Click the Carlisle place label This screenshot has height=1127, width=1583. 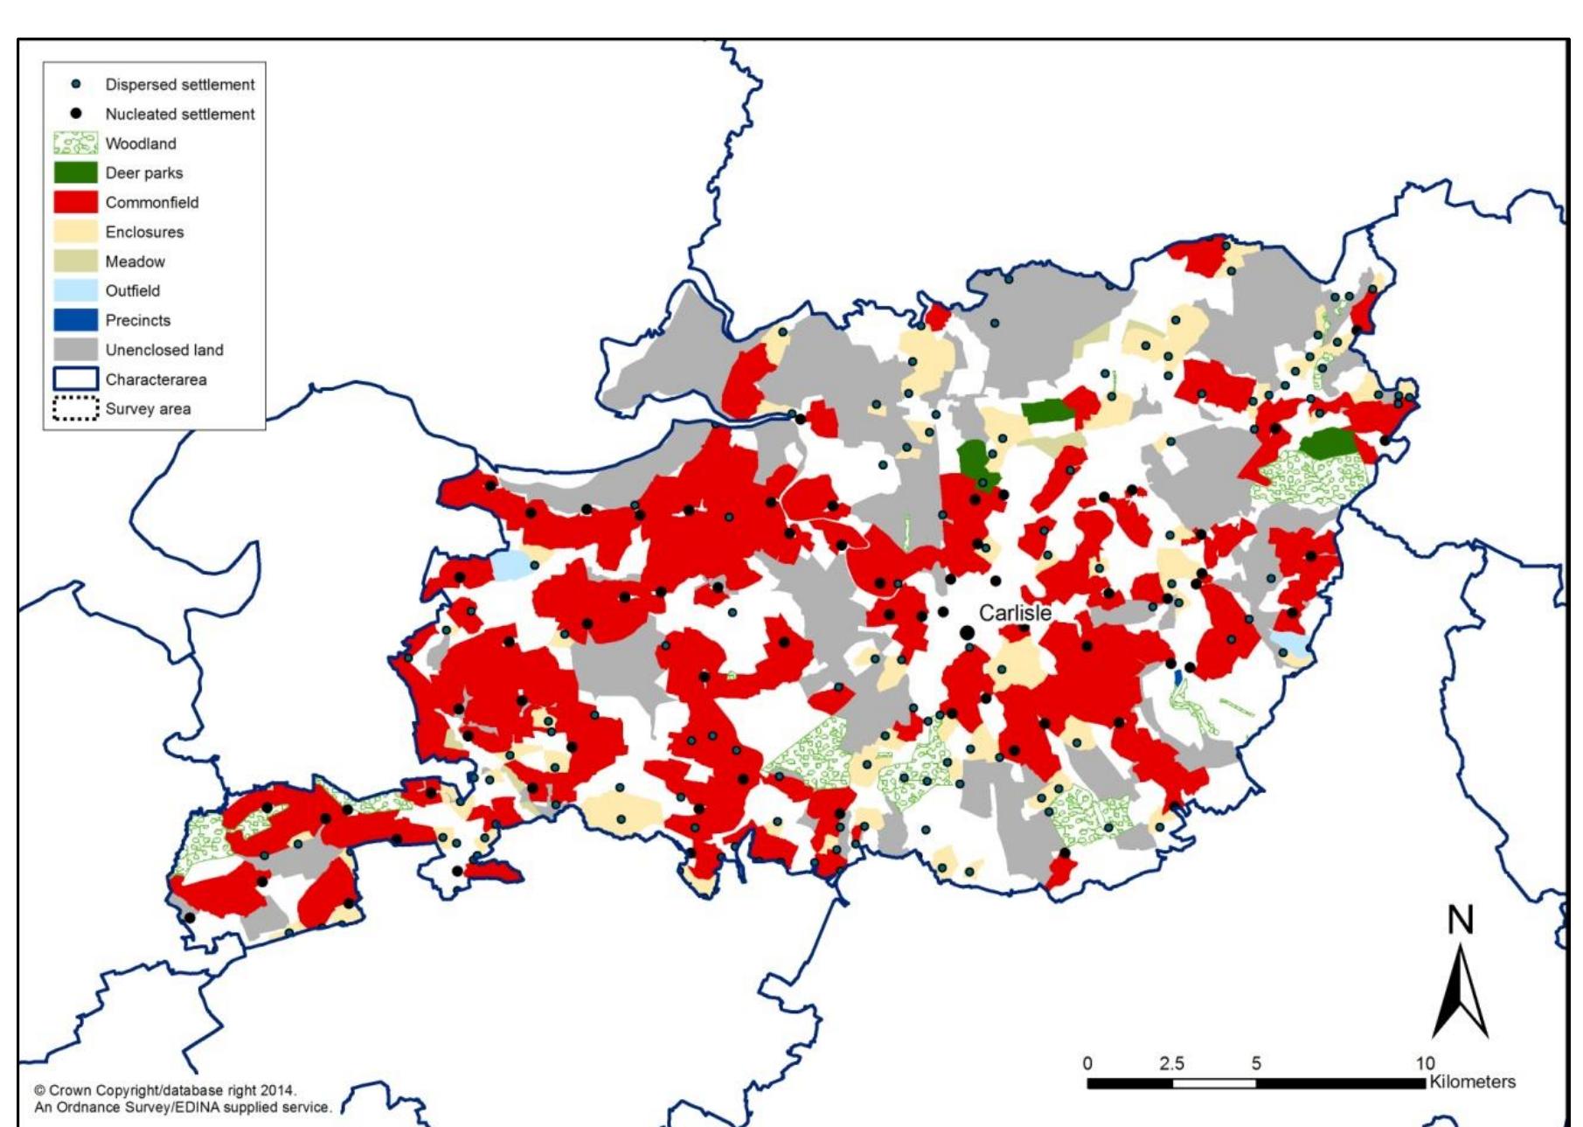point(1014,613)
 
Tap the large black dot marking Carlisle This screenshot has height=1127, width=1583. point(967,632)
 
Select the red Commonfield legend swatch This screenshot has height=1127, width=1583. point(75,202)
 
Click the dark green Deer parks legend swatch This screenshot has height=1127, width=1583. point(75,172)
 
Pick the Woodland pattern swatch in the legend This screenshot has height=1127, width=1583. point(75,143)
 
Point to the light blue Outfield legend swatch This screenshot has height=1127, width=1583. point(75,290)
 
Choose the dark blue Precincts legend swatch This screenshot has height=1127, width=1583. point(75,320)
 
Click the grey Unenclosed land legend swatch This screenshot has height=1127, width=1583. point(75,350)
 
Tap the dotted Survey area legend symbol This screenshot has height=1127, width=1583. point(75,408)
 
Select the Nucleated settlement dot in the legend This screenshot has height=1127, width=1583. point(76,114)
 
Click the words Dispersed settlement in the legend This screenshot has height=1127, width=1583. point(180,85)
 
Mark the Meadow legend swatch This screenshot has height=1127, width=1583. point(75,261)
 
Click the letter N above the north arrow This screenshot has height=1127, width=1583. point(1461,921)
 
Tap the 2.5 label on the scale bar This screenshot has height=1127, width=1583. point(1171,1063)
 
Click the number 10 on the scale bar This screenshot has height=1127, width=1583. point(1425,1063)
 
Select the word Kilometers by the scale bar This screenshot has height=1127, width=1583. point(1472,1082)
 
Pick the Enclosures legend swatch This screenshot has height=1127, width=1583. point(75,232)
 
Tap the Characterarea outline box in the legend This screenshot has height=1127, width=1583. point(75,379)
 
